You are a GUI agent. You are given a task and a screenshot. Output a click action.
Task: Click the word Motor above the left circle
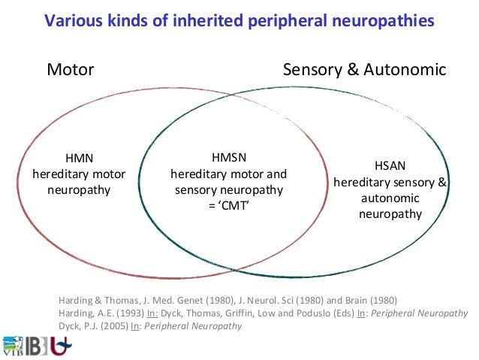[71, 71]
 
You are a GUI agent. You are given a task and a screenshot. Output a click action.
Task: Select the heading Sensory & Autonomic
[364, 71]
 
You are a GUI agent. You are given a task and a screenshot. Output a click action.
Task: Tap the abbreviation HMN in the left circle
[79, 159]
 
